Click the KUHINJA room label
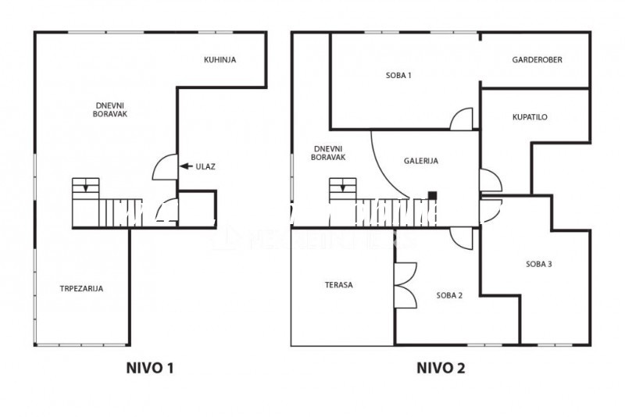click(220, 60)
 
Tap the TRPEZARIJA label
click(81, 289)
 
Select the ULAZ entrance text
click(205, 166)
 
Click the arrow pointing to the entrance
click(186, 166)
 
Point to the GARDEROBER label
click(537, 60)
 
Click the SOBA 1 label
click(398, 75)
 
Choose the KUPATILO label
click(530, 117)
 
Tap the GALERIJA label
click(421, 161)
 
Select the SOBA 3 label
click(538, 264)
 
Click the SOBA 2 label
click(449, 295)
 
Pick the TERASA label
click(338, 285)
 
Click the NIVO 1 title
click(150, 368)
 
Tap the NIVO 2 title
click(441, 368)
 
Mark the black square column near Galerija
click(433, 195)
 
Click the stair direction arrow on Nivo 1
click(86, 187)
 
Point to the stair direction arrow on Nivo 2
click(343, 187)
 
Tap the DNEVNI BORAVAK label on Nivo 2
click(328, 153)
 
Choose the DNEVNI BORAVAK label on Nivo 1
click(110, 110)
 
